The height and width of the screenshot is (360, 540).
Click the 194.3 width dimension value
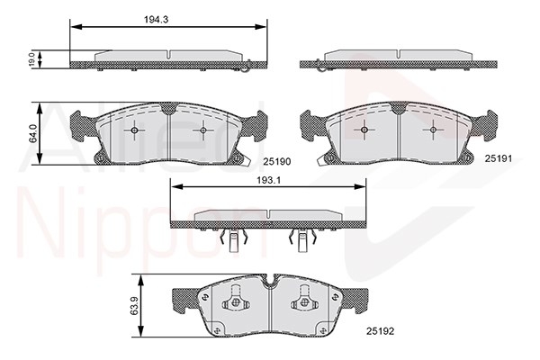tap(156, 20)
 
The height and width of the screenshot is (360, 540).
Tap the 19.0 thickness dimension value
tap(31, 59)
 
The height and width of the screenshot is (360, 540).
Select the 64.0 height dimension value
tap(32, 133)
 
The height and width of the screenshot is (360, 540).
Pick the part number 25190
tap(277, 161)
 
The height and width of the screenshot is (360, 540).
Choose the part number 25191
tap(499, 158)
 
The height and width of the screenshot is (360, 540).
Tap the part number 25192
tap(380, 331)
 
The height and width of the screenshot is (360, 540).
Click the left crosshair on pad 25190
tap(134, 130)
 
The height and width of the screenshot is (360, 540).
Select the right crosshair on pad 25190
tap(203, 130)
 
